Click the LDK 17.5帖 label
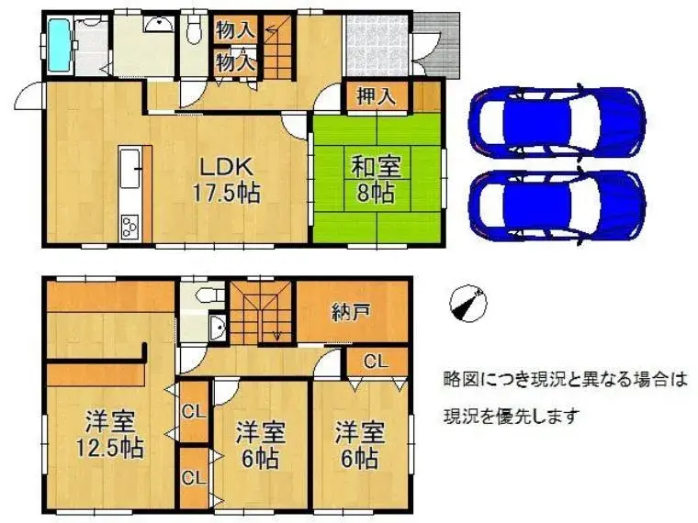tap(226, 180)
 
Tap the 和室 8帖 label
tap(377, 180)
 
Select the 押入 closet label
tap(377, 95)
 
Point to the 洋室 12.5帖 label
tap(110, 435)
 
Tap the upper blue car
tap(557, 120)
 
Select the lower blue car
tap(557, 206)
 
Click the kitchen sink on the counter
tap(130, 168)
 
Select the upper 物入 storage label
tap(235, 29)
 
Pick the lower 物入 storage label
tap(235, 61)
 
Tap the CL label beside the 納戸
tap(377, 362)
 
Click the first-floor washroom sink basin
tap(159, 25)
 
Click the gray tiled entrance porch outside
tap(436, 45)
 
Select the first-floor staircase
tap(278, 48)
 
